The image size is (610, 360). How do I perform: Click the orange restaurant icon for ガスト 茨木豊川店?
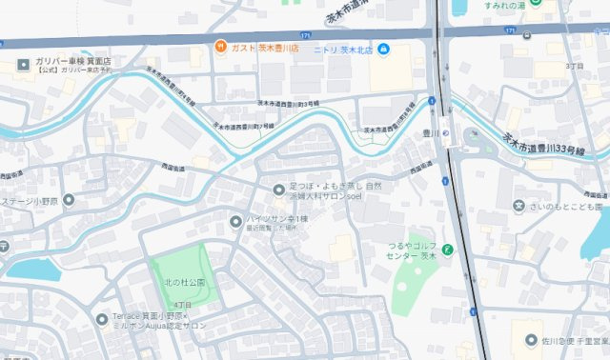(x=219, y=46)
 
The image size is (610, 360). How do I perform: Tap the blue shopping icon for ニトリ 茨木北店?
(x=382, y=49)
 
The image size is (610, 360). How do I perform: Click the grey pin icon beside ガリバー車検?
(x=23, y=65)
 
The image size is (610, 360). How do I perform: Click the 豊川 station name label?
(x=430, y=133)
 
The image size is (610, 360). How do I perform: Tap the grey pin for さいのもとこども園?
(x=519, y=205)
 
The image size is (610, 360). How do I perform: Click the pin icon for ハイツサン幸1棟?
(x=235, y=222)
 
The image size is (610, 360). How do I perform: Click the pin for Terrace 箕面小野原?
(x=102, y=319)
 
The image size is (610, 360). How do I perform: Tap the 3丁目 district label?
(x=574, y=66)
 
